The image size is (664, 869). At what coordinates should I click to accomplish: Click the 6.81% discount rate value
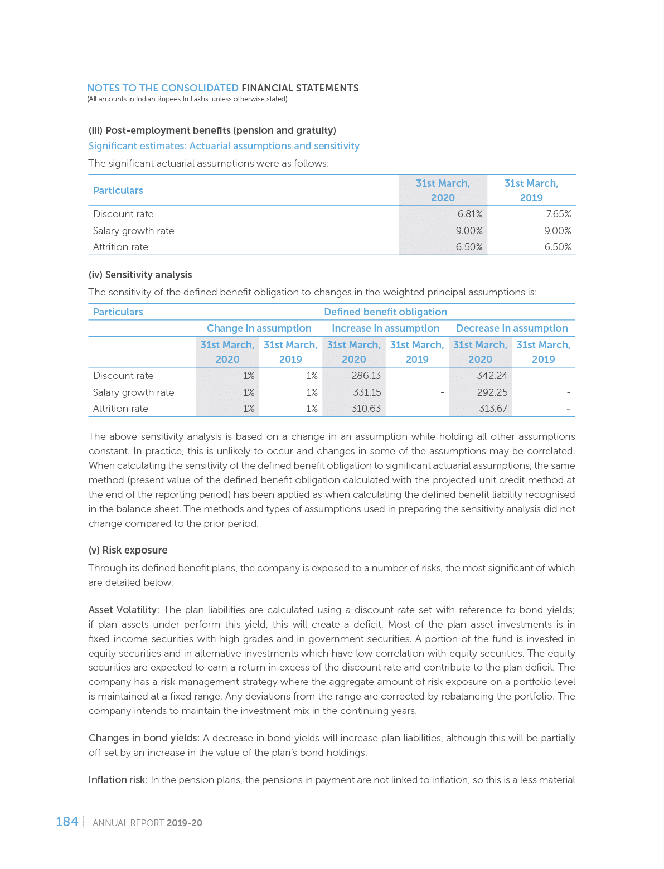(469, 214)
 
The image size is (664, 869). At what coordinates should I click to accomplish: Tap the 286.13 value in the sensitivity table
(366, 376)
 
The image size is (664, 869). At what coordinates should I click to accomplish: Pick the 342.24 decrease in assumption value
(492, 376)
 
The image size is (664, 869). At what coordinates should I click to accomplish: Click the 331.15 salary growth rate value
(367, 392)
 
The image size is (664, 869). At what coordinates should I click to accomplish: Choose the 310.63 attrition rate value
(366, 409)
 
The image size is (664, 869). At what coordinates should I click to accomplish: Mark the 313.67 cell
(493, 409)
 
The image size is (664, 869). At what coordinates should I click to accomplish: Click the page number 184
(67, 822)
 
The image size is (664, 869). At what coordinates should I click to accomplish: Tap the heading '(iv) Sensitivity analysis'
(140, 275)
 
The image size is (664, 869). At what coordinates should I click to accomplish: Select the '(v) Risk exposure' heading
(128, 550)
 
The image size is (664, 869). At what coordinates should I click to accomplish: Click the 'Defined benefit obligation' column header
(385, 312)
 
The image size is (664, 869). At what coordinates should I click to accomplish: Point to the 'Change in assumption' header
(259, 328)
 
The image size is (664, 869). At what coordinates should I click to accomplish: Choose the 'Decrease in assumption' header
(511, 328)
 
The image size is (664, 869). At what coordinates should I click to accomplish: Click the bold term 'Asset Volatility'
(123, 610)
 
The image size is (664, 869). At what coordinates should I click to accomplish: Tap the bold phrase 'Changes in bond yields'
(143, 738)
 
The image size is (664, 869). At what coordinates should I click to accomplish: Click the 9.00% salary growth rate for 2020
(469, 231)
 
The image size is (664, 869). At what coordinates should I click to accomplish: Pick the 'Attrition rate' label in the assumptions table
(120, 247)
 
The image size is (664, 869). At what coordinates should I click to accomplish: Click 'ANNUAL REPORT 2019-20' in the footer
(147, 823)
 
